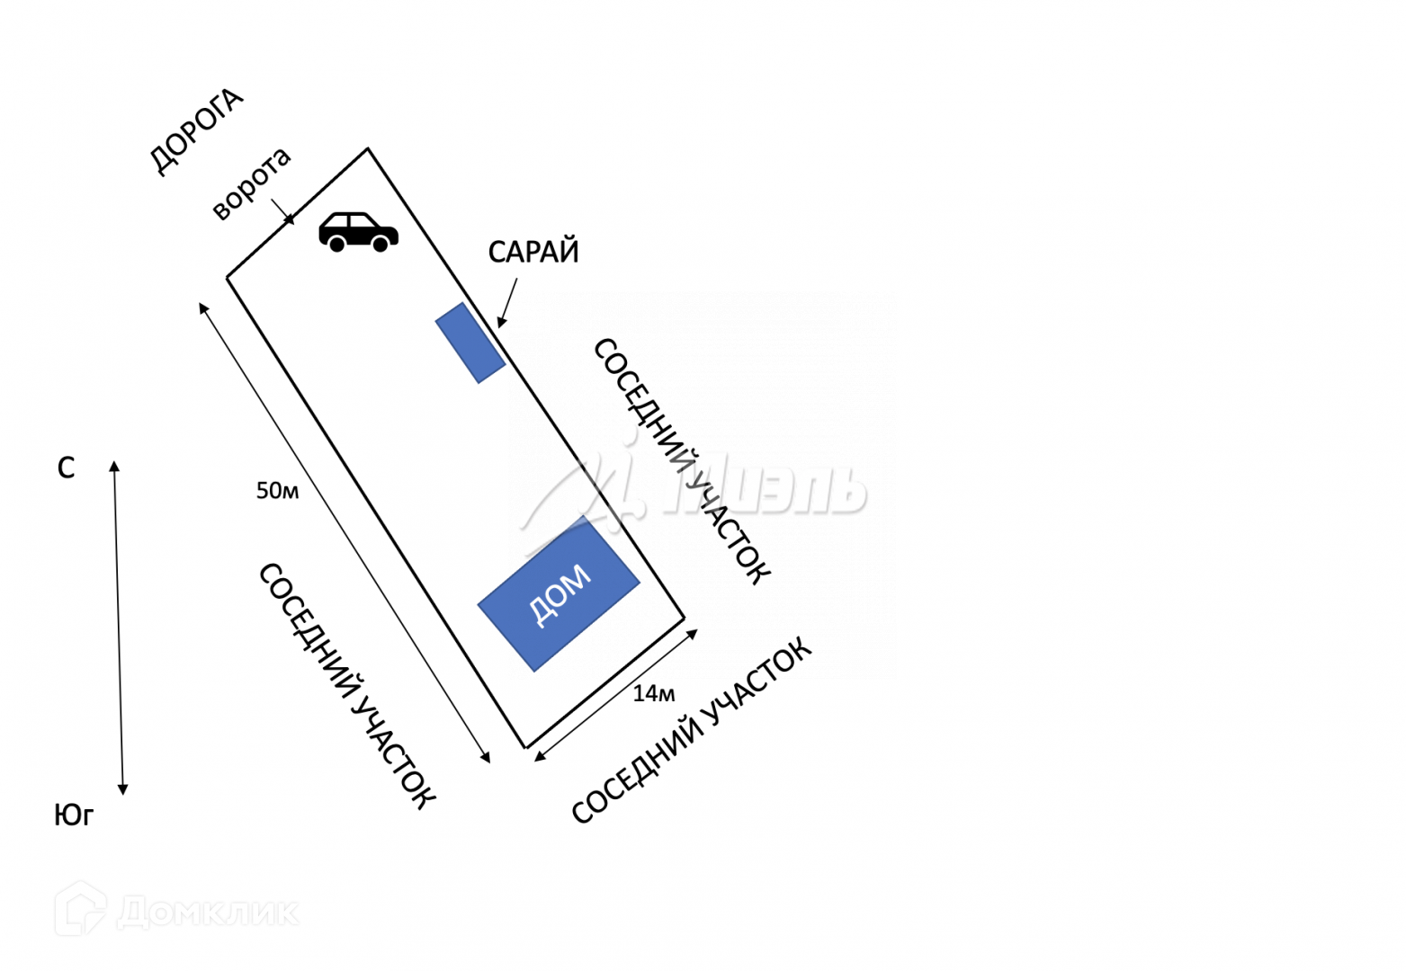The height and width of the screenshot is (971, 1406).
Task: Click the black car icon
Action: click(x=358, y=231)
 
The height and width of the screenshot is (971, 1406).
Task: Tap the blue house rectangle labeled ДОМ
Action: click(x=559, y=593)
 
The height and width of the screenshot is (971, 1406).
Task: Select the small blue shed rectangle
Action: click(x=470, y=343)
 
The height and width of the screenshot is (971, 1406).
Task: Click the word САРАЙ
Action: click(x=533, y=252)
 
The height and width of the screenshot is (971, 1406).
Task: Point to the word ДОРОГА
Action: click(x=195, y=131)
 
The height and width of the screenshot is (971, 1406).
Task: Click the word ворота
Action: click(x=251, y=183)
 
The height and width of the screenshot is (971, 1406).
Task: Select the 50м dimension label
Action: click(x=277, y=491)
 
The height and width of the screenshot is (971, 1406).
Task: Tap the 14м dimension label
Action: click(x=654, y=693)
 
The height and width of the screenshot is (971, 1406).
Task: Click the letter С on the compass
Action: click(x=66, y=468)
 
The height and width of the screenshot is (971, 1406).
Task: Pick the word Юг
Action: click(x=74, y=815)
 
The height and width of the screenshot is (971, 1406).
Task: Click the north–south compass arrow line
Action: click(x=119, y=629)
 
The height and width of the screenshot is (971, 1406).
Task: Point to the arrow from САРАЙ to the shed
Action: click(x=507, y=302)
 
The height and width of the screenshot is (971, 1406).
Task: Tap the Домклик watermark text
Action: click(x=208, y=913)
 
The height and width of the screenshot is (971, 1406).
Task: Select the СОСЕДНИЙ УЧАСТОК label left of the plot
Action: click(x=347, y=685)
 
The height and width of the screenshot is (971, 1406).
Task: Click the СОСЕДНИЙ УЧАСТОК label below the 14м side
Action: click(x=691, y=730)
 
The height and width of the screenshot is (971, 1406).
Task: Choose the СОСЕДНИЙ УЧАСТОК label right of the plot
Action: click(x=681, y=461)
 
